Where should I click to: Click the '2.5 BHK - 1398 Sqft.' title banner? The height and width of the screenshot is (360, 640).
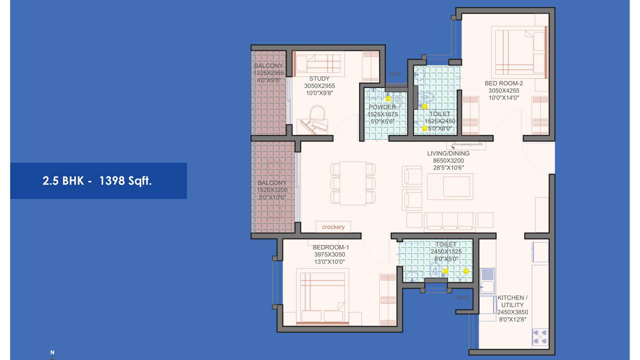pyautogui.click(x=98, y=181)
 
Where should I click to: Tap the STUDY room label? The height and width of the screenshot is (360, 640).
pyautogui.click(x=319, y=78)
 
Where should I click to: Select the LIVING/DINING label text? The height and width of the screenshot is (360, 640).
pyautogui.click(x=448, y=153)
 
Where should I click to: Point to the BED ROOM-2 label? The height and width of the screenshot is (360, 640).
pyautogui.click(x=503, y=83)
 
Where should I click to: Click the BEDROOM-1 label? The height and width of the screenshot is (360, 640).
pyautogui.click(x=331, y=247)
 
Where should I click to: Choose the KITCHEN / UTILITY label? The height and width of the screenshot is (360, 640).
pyautogui.click(x=512, y=301)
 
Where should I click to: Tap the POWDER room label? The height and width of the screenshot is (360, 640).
pyautogui.click(x=382, y=107)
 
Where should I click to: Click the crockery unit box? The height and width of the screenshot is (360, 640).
pyautogui.click(x=333, y=227)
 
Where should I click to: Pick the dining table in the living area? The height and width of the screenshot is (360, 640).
pyautogui.click(x=353, y=183)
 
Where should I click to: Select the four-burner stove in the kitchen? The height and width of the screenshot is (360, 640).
pyautogui.click(x=540, y=337)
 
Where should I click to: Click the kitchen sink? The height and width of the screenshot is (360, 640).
pyautogui.click(x=487, y=281)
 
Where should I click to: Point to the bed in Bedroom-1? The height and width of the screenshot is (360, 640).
pyautogui.click(x=322, y=296)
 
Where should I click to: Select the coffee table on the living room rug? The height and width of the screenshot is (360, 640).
pyautogui.click(x=456, y=186)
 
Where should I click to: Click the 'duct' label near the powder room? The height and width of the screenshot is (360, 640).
pyautogui.click(x=395, y=73)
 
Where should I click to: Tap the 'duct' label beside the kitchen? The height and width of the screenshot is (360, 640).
pyautogui.click(x=462, y=297)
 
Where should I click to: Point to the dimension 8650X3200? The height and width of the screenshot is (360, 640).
pyautogui.click(x=448, y=160)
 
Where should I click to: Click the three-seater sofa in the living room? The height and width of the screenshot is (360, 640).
pyautogui.click(x=449, y=222)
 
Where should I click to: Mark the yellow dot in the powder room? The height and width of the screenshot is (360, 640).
pyautogui.click(x=388, y=99)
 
